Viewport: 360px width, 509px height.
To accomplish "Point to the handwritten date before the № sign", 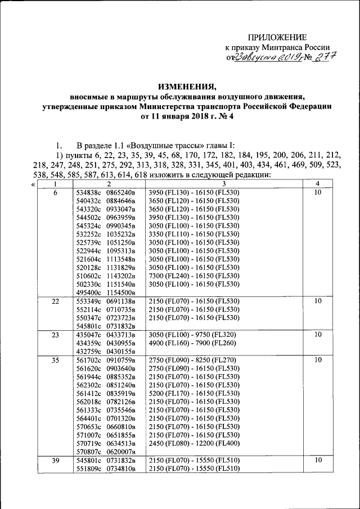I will coord(264,57).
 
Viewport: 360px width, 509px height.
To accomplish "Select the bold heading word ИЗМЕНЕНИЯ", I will coord(187,87).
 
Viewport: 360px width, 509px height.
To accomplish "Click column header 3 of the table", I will coord(223,184).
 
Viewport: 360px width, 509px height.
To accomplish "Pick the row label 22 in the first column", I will coord(55,301).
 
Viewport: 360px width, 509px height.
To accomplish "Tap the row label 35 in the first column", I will coord(55,359).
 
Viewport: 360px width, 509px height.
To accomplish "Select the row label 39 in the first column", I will coord(55,460).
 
